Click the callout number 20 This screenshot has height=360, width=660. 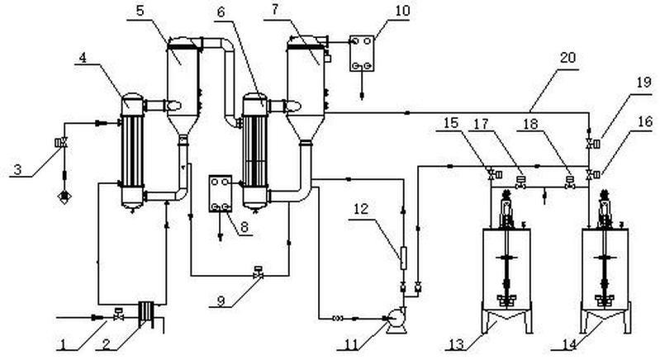click(567, 57)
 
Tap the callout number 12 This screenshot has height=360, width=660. click(361, 209)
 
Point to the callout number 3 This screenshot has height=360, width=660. click(17, 169)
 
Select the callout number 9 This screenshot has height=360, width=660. click(221, 301)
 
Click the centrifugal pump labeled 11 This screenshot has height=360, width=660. click(396, 321)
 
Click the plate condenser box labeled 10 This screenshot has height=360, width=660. click(362, 54)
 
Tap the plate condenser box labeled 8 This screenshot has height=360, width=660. click(221, 193)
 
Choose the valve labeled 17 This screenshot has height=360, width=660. click(521, 182)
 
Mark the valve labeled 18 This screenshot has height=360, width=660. click(570, 182)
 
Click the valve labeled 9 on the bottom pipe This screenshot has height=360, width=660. click(258, 272)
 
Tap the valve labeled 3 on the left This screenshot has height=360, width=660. click(61, 143)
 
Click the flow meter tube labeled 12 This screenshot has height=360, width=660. click(403, 258)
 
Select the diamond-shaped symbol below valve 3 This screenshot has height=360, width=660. click(64, 197)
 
